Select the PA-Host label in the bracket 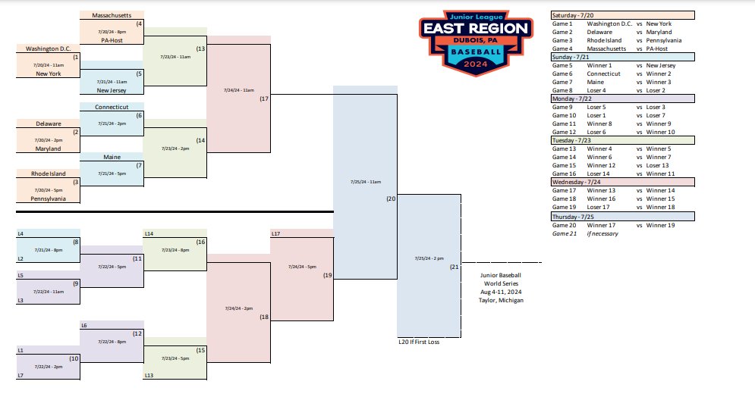(x=111, y=40)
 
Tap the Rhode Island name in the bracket (x=48, y=173)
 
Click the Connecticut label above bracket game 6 (x=111, y=108)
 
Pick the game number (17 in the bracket (x=264, y=98)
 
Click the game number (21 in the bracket (x=455, y=267)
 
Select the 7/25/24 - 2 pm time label (x=429, y=258)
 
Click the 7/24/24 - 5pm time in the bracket (x=301, y=267)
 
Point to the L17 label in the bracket (x=276, y=233)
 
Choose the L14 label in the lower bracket (x=149, y=233)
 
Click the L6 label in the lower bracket (x=85, y=325)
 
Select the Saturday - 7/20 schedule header (x=574, y=15)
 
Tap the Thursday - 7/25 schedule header (x=574, y=216)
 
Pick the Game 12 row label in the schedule (x=563, y=132)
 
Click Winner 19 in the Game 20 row (x=659, y=225)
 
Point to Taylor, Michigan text (x=502, y=301)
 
